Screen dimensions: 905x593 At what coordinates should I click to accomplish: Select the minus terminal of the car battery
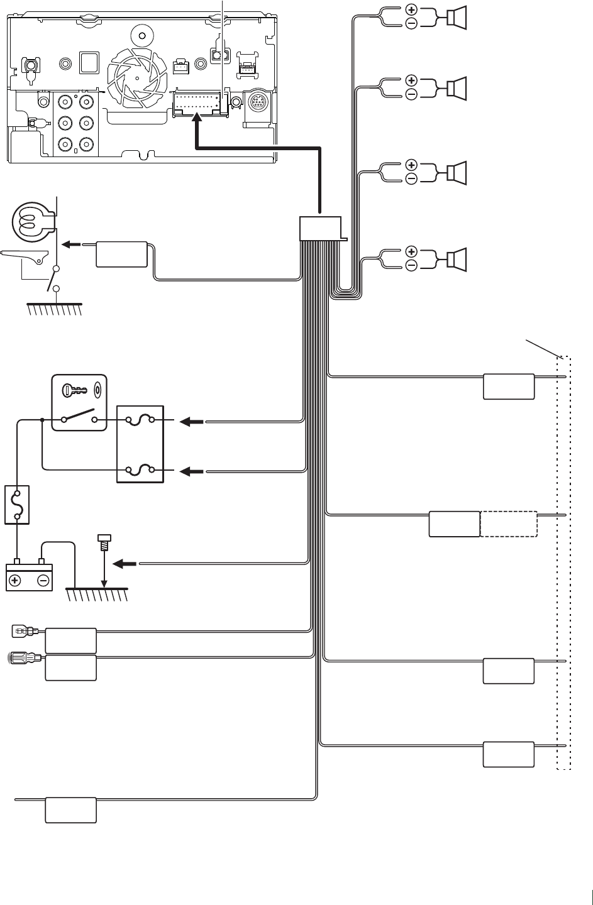click(43, 580)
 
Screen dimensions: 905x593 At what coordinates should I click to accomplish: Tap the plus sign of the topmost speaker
click(411, 9)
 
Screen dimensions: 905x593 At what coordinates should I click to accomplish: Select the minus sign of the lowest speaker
click(411, 266)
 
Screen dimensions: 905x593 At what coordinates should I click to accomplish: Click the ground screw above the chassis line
click(104, 542)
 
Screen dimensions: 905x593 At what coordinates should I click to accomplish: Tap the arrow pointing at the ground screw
click(128, 564)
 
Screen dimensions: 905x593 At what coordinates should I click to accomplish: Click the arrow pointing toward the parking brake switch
click(74, 246)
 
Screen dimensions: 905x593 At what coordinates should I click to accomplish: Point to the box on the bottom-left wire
click(70, 810)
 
